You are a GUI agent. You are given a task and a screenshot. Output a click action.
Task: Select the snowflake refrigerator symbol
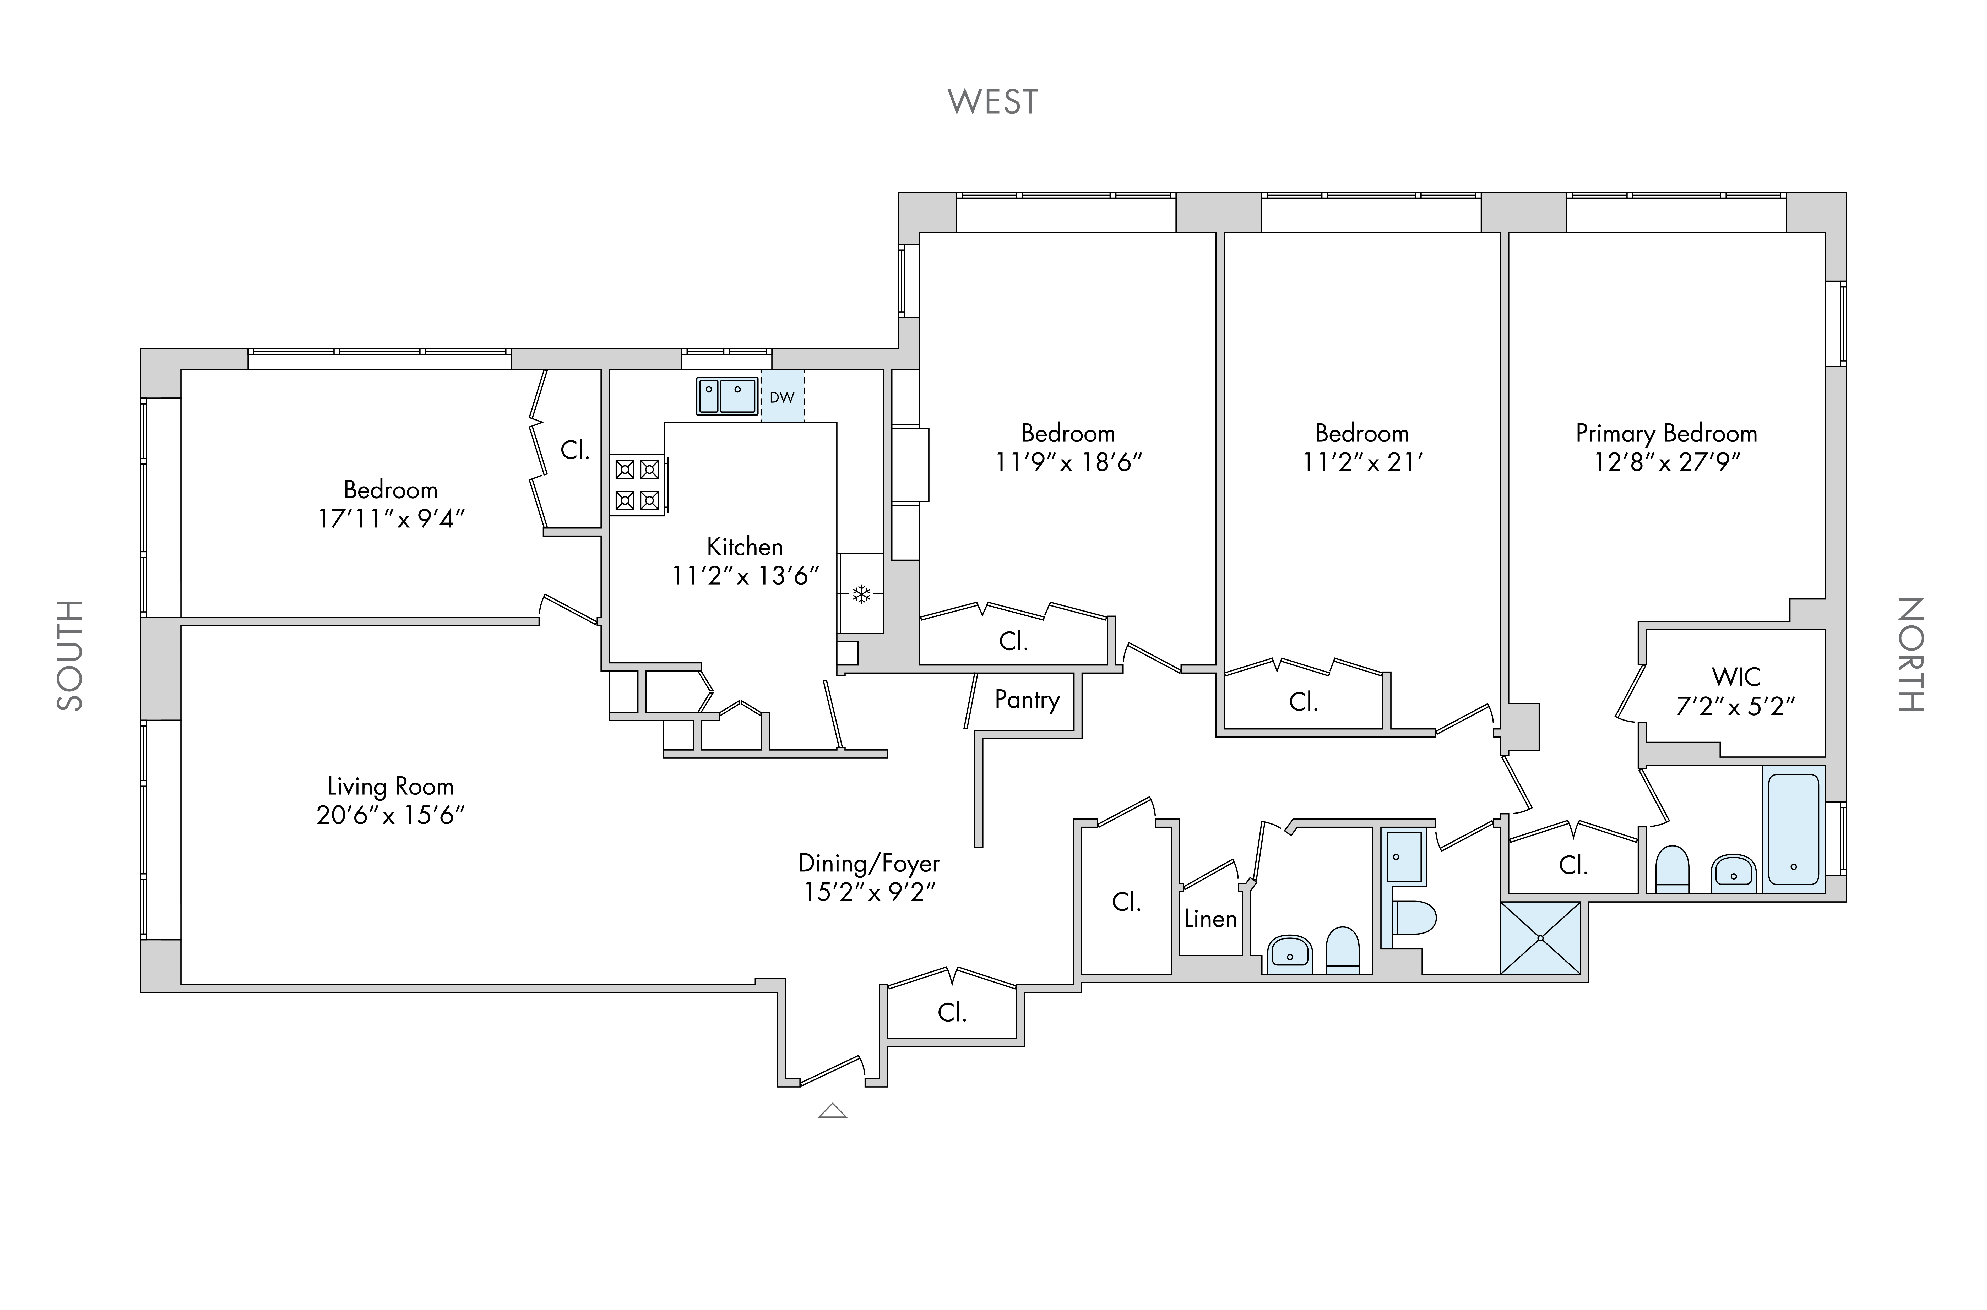[x=861, y=594]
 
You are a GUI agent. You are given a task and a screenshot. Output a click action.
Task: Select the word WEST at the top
[x=993, y=102]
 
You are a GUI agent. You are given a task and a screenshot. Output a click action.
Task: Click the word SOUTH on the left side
[x=70, y=655]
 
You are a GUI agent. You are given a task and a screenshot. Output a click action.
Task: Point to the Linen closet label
[x=1210, y=919]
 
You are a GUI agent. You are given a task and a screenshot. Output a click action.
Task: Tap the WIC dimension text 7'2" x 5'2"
[x=1735, y=707]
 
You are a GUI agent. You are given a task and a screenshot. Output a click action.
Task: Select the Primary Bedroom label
[x=1666, y=434]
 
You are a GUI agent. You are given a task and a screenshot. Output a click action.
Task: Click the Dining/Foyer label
[x=869, y=863]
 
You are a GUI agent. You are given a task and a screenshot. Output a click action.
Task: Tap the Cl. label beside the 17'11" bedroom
[x=575, y=450]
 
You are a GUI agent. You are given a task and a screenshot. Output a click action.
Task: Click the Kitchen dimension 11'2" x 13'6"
[x=745, y=576]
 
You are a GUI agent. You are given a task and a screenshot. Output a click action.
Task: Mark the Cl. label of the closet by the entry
[x=952, y=1013]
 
